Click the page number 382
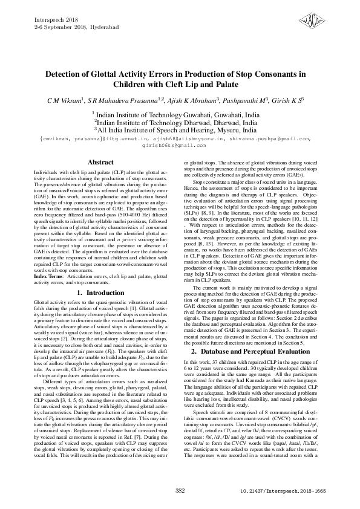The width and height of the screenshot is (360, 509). coord(180,490)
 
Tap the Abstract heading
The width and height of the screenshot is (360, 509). coord(100,163)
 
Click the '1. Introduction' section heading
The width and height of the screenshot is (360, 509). coord(100,293)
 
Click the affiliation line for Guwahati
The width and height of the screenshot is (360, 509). coord(179,114)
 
